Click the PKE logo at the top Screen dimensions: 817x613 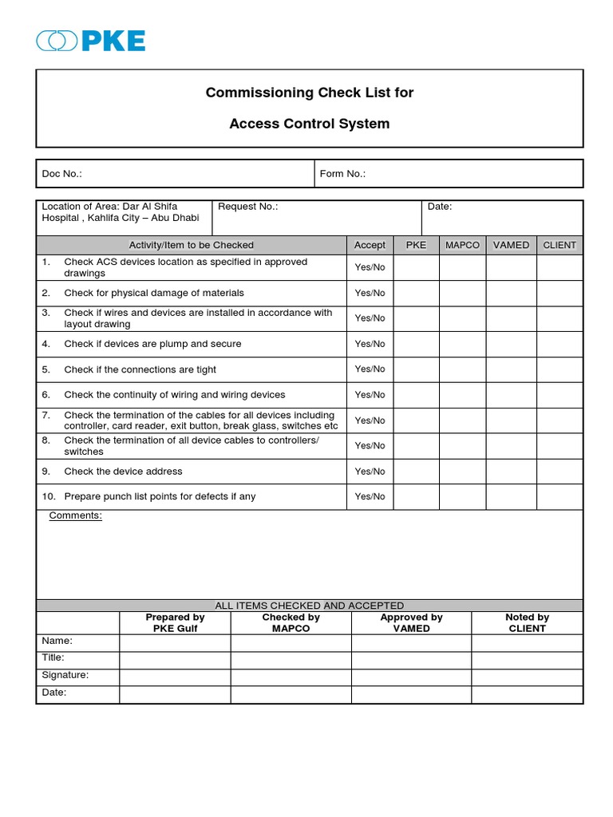point(90,40)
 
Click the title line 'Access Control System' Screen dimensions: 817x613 point(310,124)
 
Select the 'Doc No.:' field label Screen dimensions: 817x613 point(62,174)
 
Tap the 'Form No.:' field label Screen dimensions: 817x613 point(342,174)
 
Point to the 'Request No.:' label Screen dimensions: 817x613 point(248,207)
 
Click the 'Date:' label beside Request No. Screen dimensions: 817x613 point(440,207)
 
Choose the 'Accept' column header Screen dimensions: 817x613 point(370,245)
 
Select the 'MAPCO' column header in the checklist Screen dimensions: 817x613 point(462,245)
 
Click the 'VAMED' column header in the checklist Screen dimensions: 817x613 point(511,245)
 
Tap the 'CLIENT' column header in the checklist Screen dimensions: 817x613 point(560,245)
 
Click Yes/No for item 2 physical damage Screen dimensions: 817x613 point(370,293)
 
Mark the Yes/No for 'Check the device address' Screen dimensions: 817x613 point(370,472)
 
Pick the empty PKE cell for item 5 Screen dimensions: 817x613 point(416,369)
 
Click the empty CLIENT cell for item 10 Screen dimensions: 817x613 point(560,496)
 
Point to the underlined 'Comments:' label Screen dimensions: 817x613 point(76,515)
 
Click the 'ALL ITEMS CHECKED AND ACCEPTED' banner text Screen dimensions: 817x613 point(310,606)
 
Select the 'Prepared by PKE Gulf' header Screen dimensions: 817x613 point(175,622)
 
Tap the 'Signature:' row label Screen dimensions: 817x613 point(65,675)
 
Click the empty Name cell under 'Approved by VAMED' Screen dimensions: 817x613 point(411,642)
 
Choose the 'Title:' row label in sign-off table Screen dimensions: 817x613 point(53,657)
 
